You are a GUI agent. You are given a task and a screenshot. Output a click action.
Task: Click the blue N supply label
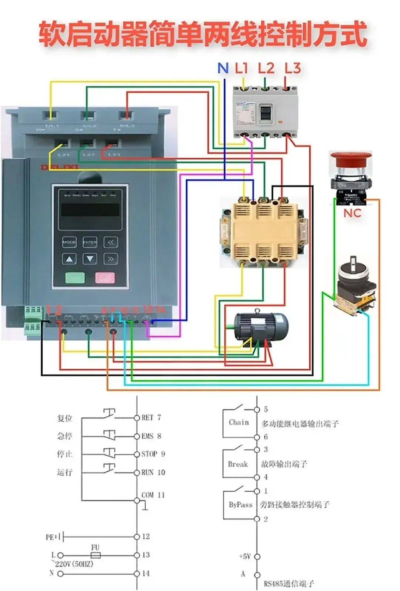(x=223, y=68)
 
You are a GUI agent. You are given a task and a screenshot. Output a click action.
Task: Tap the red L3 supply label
(x=293, y=68)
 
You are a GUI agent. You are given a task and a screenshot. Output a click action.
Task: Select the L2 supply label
(x=266, y=68)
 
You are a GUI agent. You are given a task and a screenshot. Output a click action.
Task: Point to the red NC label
(x=352, y=213)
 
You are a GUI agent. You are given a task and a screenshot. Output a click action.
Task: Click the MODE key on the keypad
(x=69, y=242)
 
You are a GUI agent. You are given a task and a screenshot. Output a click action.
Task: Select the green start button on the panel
(x=75, y=277)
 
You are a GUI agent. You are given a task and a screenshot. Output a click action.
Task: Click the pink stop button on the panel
(x=105, y=277)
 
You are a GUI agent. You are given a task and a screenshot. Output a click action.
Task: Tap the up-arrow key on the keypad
(x=69, y=259)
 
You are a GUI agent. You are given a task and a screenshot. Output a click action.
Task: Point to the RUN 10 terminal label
(x=153, y=472)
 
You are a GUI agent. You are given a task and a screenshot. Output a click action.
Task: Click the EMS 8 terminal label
(x=151, y=436)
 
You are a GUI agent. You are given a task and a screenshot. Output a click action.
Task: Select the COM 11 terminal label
(x=153, y=495)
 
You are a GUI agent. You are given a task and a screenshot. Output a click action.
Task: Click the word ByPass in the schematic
(x=240, y=505)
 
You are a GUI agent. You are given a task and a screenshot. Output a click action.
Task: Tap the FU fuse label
(x=95, y=548)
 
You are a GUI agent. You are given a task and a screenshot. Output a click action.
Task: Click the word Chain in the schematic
(x=239, y=422)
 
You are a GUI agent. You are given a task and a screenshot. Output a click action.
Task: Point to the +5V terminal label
(x=245, y=557)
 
